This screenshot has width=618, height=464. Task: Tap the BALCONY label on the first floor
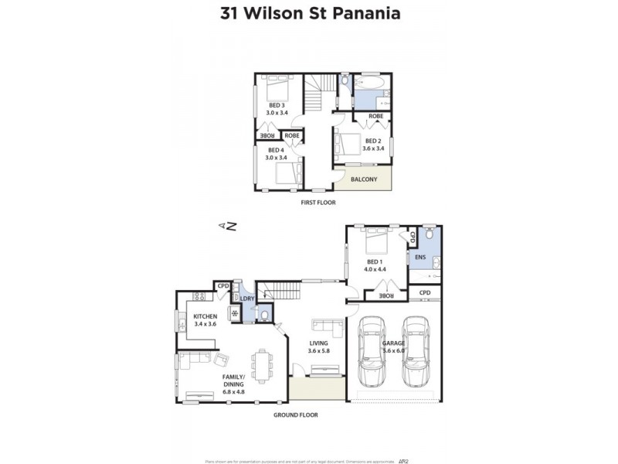point(364,179)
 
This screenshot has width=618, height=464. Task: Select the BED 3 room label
point(277,105)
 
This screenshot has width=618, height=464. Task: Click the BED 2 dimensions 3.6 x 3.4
point(373,148)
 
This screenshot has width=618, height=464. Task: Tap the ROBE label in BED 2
point(375,116)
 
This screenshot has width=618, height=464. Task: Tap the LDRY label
point(247,299)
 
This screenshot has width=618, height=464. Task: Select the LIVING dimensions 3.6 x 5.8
point(318,350)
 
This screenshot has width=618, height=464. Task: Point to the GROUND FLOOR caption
point(296,415)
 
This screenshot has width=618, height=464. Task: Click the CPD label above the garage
point(425,292)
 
